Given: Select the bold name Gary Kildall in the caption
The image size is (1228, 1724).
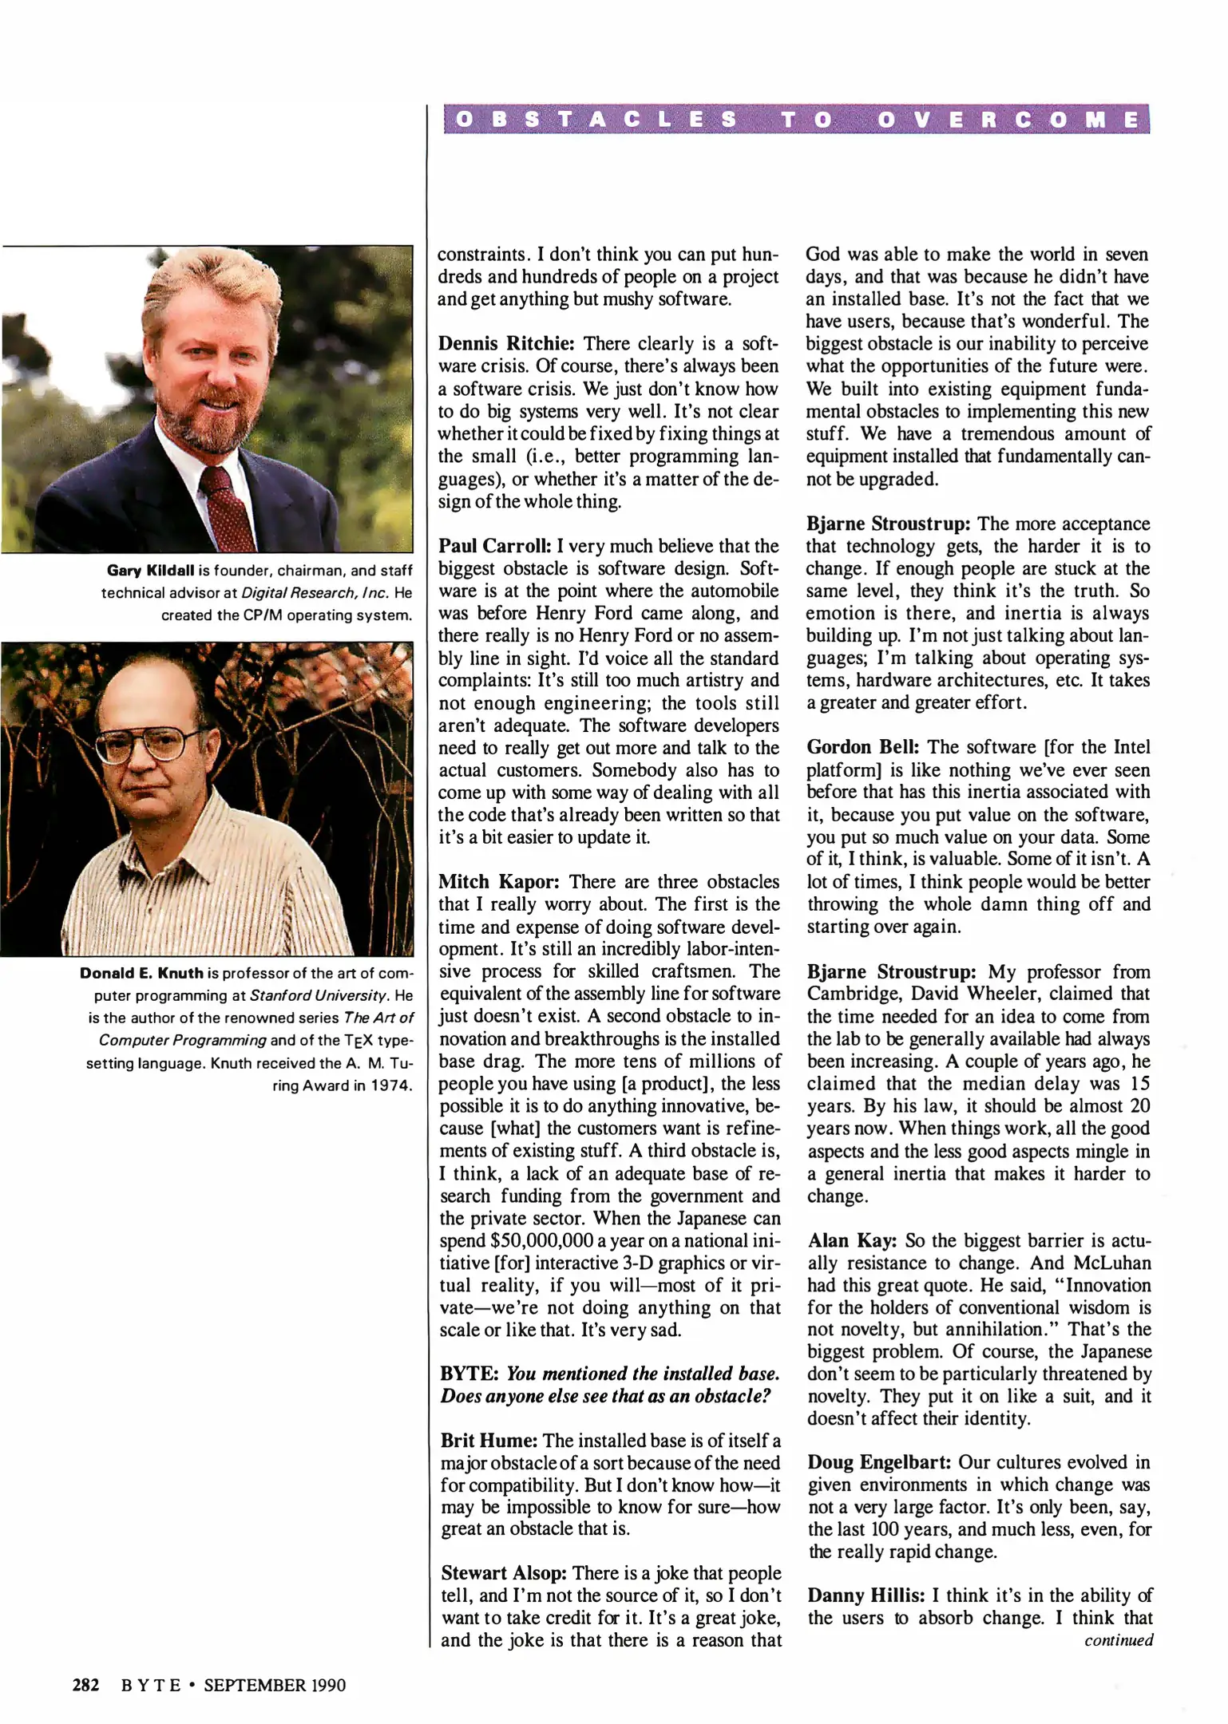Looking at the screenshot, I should pyautogui.click(x=151, y=571).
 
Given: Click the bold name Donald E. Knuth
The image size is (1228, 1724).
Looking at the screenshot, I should pyautogui.click(x=141, y=973).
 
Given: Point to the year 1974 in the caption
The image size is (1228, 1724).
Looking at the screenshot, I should pyautogui.click(x=391, y=1085).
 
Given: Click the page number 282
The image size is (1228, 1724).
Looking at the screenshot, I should pyautogui.click(x=85, y=1685).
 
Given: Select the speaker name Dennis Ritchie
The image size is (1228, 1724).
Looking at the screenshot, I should pyautogui.click(x=506, y=344).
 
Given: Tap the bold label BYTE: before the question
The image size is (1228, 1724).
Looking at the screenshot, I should pyautogui.click(x=469, y=1374).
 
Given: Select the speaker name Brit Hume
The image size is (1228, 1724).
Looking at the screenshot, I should pyautogui.click(x=489, y=1441).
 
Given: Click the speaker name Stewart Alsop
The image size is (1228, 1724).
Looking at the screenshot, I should pyautogui.click(x=504, y=1573).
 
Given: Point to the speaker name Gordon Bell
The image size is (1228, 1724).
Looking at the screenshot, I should pyautogui.click(x=863, y=747).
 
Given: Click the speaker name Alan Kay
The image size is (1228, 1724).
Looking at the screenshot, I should pyautogui.click(x=853, y=1240).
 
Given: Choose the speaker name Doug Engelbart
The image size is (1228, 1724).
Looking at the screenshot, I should pyautogui.click(x=879, y=1462).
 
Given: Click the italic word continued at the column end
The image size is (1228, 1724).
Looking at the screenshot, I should pyautogui.click(x=1118, y=1640).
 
